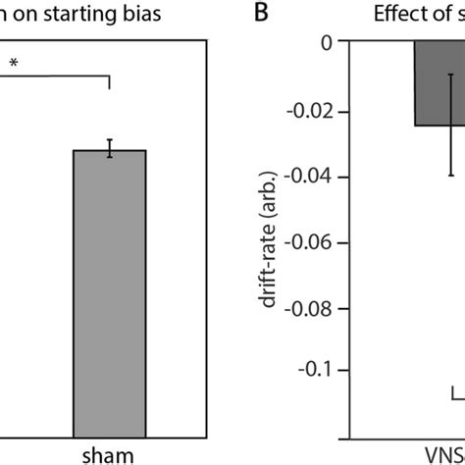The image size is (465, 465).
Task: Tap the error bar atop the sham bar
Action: tap(110, 148)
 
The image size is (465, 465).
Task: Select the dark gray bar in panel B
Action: tap(439, 83)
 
